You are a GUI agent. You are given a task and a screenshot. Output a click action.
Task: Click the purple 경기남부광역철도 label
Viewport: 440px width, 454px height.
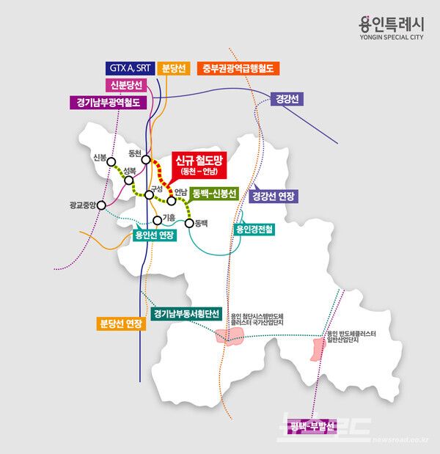[x=109, y=103]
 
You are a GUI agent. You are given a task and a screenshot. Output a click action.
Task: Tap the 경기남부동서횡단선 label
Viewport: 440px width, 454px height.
[x=186, y=313]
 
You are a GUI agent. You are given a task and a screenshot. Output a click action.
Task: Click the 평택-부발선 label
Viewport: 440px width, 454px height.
[x=312, y=425]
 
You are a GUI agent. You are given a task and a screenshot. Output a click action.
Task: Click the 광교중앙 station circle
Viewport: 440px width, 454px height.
[x=101, y=205]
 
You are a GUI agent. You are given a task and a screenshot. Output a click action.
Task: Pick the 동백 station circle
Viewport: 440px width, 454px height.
[x=189, y=223]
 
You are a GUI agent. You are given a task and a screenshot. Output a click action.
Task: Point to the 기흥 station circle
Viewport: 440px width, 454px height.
[x=158, y=220]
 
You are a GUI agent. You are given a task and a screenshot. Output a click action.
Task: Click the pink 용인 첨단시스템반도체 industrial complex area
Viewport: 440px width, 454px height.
[x=230, y=336]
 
